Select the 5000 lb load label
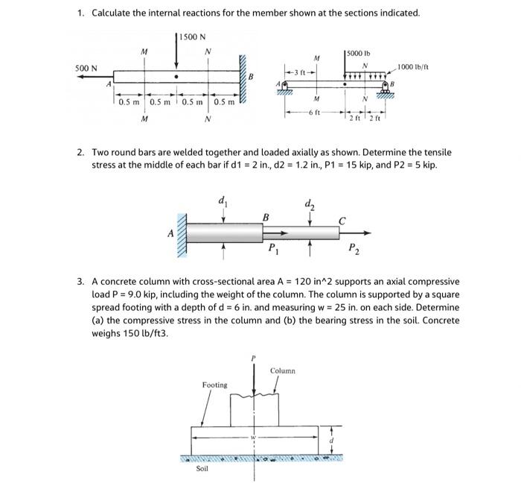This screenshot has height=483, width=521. [x=360, y=54]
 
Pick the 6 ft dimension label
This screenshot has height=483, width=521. [x=317, y=112]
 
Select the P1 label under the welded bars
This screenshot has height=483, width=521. [x=273, y=249]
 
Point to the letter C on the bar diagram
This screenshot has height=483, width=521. [x=342, y=219]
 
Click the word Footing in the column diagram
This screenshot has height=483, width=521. [x=214, y=385]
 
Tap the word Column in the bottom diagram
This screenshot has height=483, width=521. [x=283, y=370]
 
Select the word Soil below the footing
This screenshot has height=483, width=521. [x=202, y=470]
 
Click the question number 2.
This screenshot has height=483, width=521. [x=80, y=152]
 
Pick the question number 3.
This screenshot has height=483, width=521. [x=80, y=282]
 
